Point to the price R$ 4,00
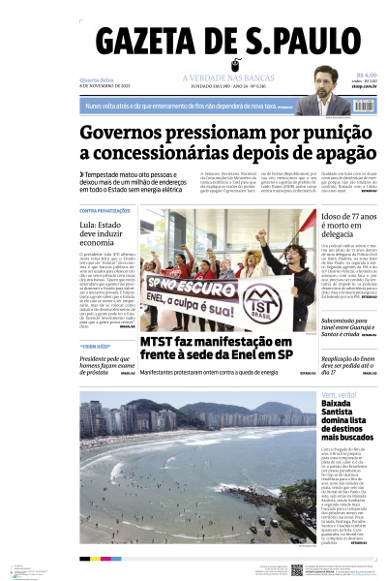pos(366,75)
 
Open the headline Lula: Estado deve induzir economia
pos(107,233)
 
